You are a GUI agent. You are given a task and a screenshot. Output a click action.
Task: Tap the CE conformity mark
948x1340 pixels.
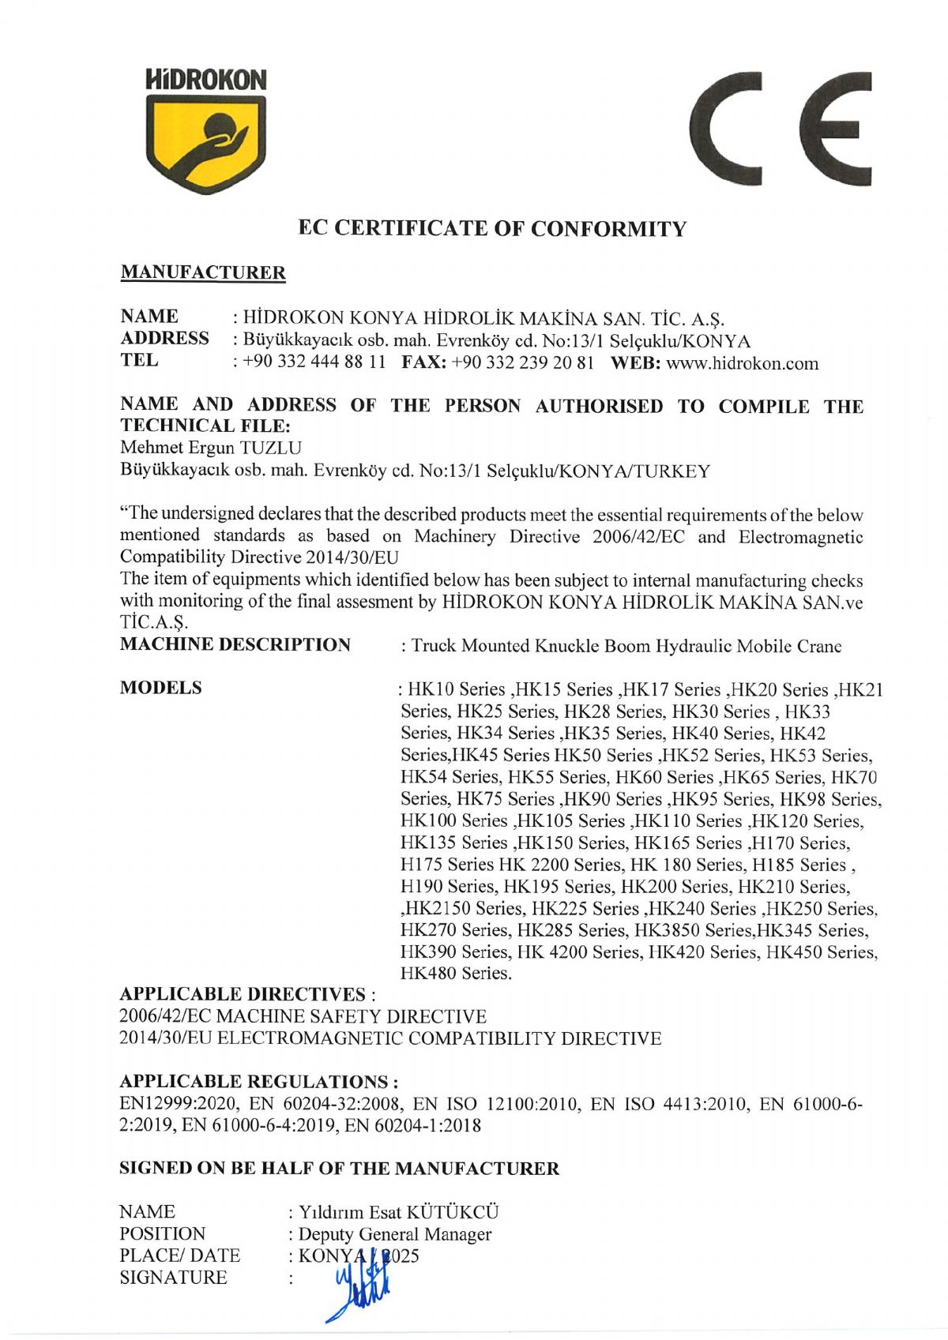[781, 129]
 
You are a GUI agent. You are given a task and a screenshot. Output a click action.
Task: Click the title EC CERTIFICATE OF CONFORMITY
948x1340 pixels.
[492, 229]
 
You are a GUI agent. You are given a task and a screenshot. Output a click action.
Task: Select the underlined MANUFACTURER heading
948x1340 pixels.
[202, 273]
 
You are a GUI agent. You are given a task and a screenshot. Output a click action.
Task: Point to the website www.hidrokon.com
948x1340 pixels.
[743, 364]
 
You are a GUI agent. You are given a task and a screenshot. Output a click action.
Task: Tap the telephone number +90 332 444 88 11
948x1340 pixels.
[314, 364]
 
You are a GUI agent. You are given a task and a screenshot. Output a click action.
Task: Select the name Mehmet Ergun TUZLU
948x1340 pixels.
[210, 449]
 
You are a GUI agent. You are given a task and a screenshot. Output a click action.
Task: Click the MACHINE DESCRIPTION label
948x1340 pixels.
[235, 645]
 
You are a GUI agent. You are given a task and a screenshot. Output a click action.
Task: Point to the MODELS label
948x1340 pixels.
[160, 688]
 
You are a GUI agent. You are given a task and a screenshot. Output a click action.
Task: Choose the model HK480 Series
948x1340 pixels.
[456, 974]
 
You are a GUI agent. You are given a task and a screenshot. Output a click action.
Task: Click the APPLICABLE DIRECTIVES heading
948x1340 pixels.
[243, 994]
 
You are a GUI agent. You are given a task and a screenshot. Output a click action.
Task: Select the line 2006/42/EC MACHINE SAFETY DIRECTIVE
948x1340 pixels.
[303, 1016]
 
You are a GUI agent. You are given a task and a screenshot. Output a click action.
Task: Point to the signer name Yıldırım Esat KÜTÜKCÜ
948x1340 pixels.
[398, 1212]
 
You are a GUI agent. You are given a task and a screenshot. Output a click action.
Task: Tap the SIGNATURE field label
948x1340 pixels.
[173, 1278]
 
